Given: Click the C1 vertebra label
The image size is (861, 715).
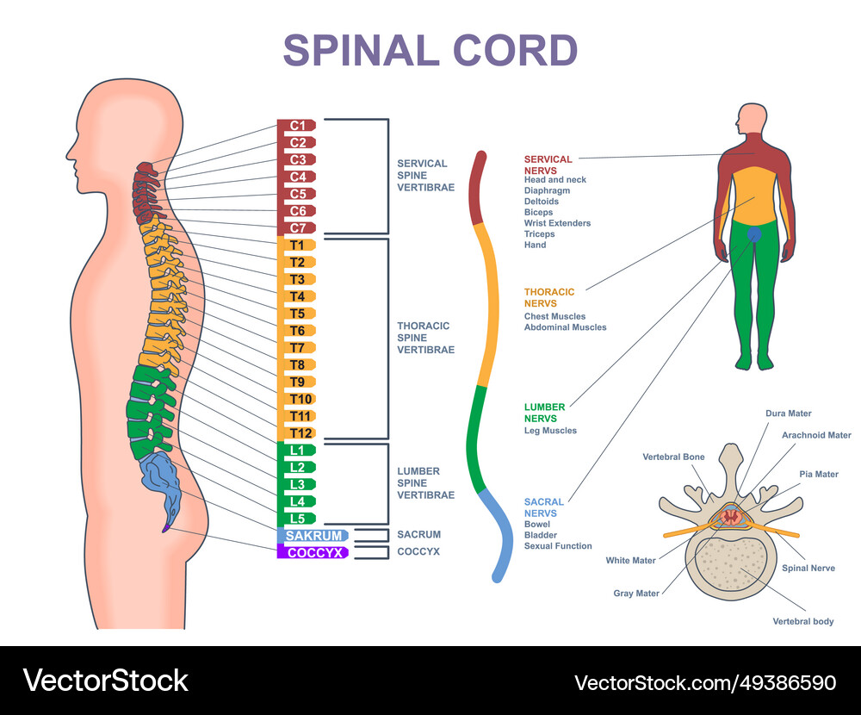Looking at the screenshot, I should coord(297,126).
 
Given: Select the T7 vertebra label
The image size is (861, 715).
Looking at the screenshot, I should coord(297,348).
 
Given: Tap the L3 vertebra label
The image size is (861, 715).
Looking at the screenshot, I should coord(297,484).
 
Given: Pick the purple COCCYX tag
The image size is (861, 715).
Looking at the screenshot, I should coord(312,552).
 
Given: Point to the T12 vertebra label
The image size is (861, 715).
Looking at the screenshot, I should coord(300,433).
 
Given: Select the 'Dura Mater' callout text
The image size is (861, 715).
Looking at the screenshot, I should coord(788,413).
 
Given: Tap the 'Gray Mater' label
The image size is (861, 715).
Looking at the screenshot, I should coord(636,594).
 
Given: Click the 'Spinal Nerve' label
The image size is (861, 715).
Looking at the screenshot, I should coord(808,569).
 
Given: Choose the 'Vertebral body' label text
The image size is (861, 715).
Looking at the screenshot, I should coord(802,621).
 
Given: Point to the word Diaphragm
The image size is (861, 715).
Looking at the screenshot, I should coord(547,190).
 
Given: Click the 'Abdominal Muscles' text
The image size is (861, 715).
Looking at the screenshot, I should coord(565,327).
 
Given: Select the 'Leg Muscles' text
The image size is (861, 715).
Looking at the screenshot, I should coord(550,431).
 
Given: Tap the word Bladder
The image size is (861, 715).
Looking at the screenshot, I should coord(541,535).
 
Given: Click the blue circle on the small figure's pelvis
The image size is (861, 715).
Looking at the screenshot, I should coord(755,233).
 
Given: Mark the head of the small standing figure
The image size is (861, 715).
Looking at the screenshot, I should coord(754,118).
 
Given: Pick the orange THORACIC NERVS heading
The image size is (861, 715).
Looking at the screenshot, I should coord(548,298).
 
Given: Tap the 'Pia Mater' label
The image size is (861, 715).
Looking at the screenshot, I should coord(819,475).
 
